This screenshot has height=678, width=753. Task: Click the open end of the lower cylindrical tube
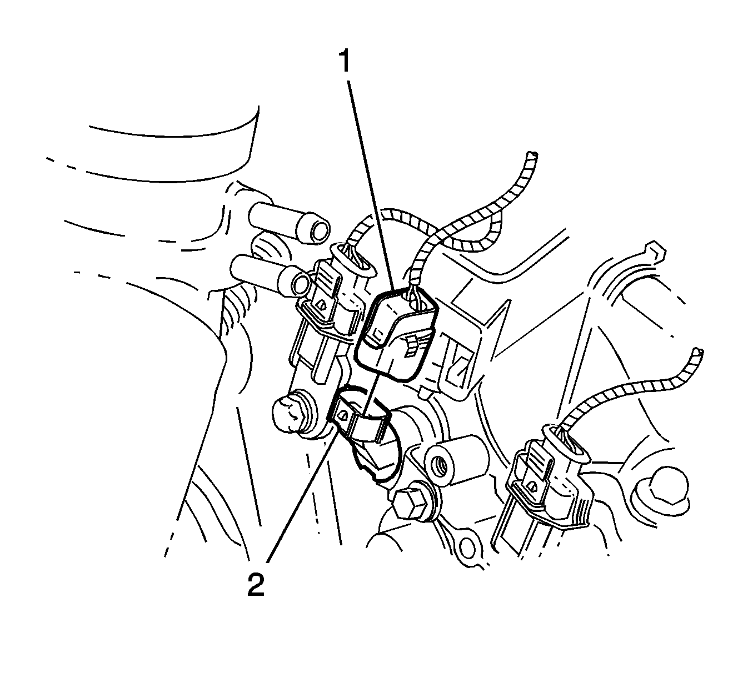[x=300, y=284]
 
